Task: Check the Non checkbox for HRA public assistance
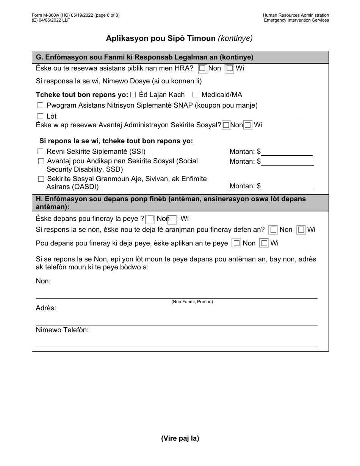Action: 203,69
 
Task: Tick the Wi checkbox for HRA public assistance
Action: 229,69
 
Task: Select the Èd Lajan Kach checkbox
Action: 133,95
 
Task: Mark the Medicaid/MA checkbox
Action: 195,95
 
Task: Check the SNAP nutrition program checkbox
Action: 40,105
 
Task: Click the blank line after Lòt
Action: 180,116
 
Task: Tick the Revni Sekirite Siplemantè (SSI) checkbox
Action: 40,152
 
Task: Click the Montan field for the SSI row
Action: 287,152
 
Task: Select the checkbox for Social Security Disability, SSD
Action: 41,161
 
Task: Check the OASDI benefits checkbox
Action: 41,179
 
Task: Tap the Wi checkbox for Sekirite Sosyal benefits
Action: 247,125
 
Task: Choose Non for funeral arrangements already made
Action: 273,230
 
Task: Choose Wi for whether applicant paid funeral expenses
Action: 264,243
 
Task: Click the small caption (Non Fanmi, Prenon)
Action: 192,302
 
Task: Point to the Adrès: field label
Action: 46,308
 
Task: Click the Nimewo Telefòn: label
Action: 62,330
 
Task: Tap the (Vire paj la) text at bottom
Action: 180,438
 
